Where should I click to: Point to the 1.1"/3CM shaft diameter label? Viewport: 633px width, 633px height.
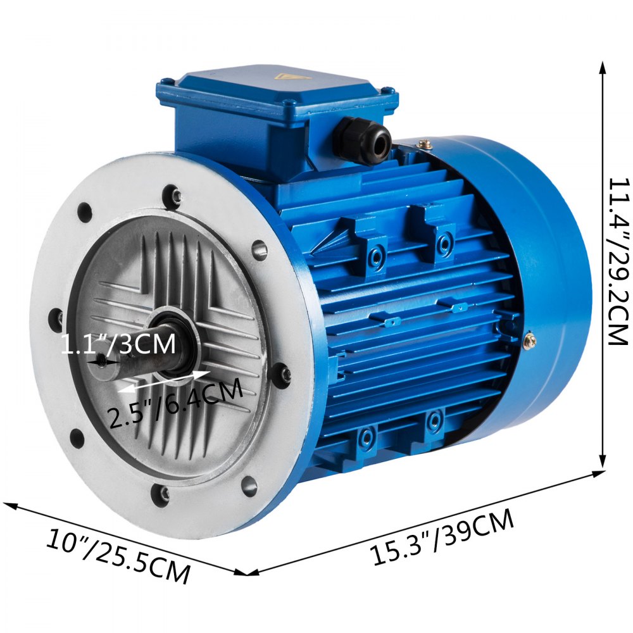118,346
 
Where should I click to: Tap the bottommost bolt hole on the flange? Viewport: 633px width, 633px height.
163,494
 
